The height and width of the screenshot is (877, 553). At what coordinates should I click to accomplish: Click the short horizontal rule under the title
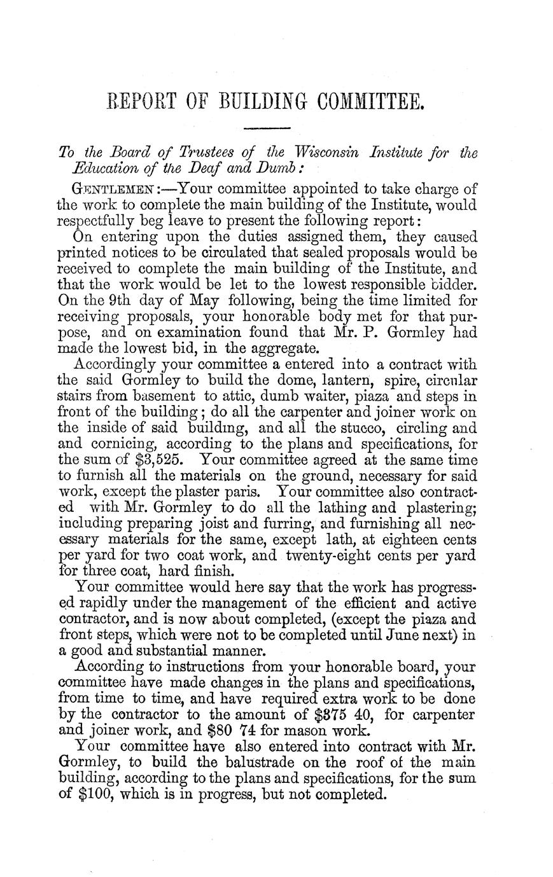click(267, 130)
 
